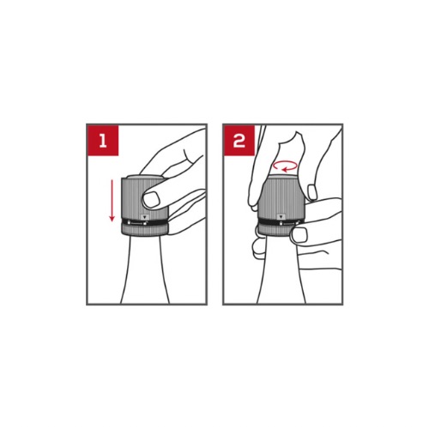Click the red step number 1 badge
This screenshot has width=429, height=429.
(103, 141)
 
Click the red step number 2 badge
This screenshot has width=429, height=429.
(239, 141)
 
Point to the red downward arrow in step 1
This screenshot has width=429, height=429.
(112, 200)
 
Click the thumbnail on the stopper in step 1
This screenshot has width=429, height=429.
(151, 200)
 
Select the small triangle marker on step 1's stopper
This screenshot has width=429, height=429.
(145, 217)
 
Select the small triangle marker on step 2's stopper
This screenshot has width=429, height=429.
(281, 216)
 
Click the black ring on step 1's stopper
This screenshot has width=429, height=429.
(145, 222)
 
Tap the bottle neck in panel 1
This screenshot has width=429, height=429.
(145, 269)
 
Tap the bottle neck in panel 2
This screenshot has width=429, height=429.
(281, 270)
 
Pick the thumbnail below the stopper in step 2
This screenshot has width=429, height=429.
(299, 235)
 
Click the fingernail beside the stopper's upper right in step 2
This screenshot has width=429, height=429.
(312, 192)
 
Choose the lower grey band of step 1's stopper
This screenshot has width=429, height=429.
(145, 231)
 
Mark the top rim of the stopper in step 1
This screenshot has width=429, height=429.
(143, 177)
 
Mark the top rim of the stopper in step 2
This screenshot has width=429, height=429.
(281, 176)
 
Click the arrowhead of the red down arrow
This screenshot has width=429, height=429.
(112, 219)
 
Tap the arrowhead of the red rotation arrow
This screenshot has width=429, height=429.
(285, 170)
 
